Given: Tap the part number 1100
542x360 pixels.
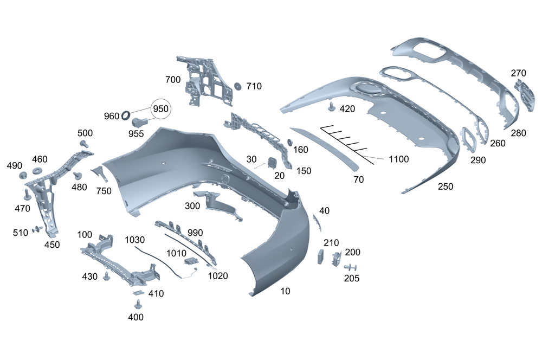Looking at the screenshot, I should pos(398,159).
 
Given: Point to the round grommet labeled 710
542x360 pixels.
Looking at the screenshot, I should pos(237,87).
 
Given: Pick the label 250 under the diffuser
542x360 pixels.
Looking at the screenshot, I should pos(445,187).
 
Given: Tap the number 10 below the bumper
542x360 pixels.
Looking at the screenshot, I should pos(285,291).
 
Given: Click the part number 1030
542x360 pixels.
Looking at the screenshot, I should pos(135,239).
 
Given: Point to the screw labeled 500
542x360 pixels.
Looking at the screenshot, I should pos(85,144).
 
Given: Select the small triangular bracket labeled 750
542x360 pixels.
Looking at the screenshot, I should pos(100,173).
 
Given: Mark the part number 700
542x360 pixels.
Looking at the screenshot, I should pos(173,80).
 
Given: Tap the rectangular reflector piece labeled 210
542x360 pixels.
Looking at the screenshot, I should pos(321,256).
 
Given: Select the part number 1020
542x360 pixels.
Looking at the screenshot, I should pos(218,275).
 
